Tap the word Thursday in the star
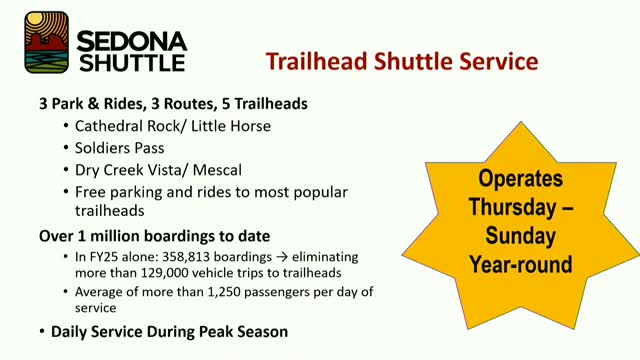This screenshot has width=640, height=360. pyautogui.click(x=510, y=211)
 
